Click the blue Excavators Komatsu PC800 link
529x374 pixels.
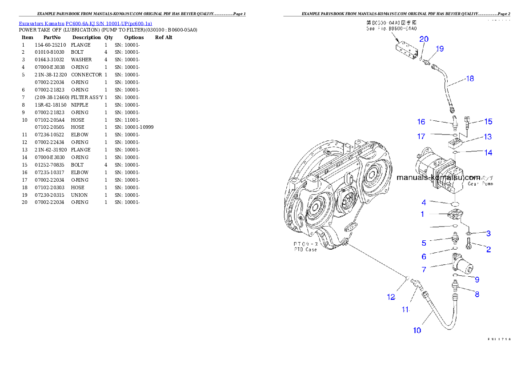[85, 24]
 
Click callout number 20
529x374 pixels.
[424, 39]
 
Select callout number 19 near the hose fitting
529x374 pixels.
[439, 49]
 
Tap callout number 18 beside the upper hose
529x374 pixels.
[469, 79]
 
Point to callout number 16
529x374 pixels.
[421, 122]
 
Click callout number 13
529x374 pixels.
[488, 137]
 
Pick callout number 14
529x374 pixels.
[488, 152]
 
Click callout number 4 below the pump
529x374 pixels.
[424, 203]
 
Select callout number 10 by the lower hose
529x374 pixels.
[417, 330]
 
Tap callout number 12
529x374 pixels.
[391, 297]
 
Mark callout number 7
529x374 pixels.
[424, 269]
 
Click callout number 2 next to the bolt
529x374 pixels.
[488, 249]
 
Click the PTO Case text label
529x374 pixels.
[305, 247]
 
